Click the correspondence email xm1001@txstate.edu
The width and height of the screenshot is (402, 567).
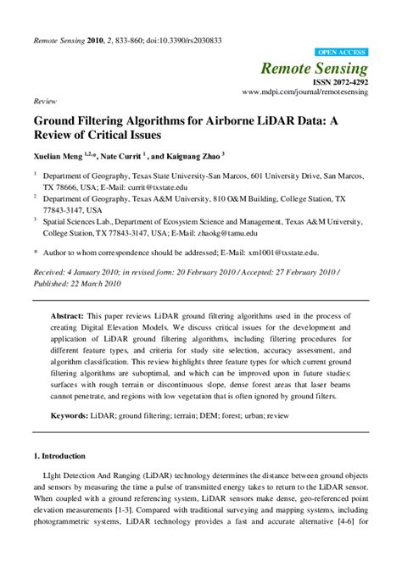click(287, 252)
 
